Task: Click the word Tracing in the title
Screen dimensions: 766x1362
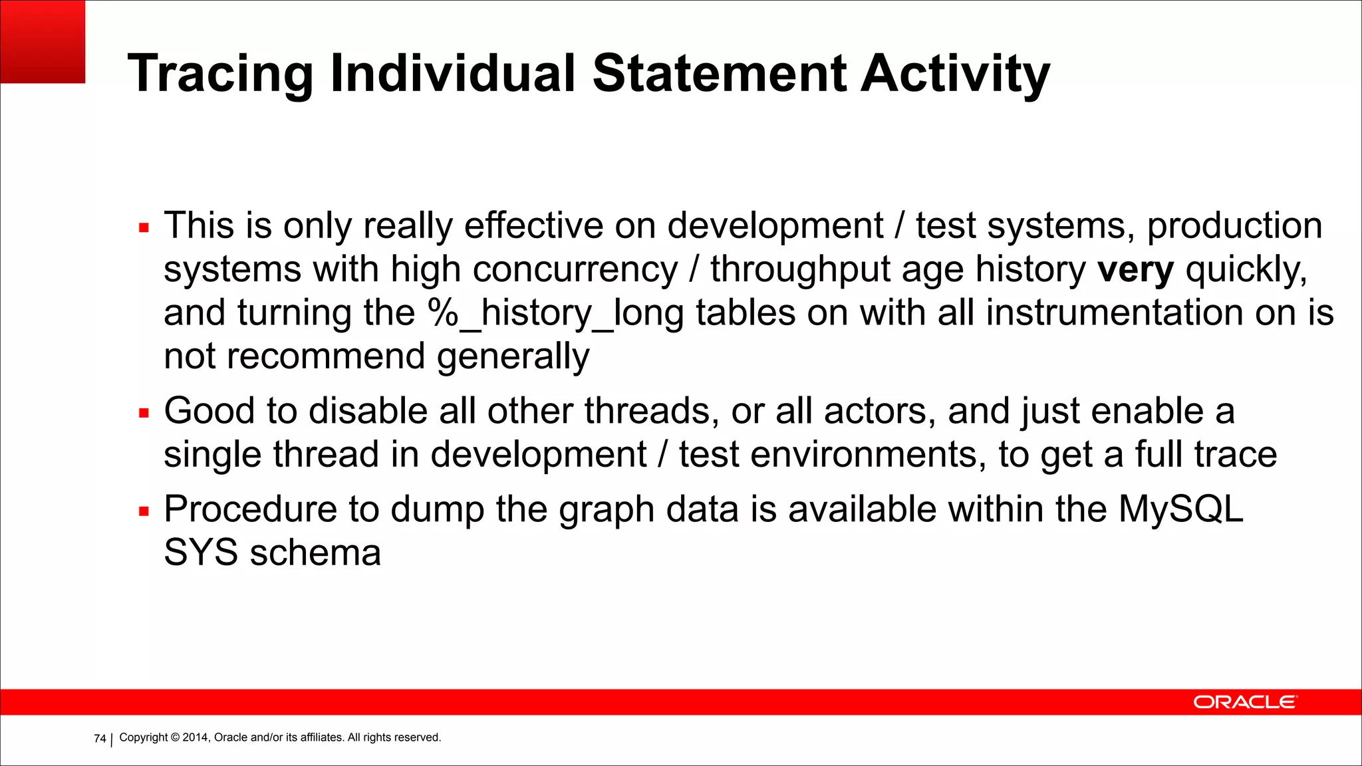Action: tap(220, 74)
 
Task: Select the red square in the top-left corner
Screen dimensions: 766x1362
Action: tap(42, 41)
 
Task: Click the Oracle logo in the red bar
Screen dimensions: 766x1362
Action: tap(1244, 702)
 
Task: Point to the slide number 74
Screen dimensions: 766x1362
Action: tap(100, 739)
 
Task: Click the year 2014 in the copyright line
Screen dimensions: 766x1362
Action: tap(196, 737)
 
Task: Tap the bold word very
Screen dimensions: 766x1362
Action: tap(1135, 270)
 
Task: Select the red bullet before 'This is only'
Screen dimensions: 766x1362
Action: tap(144, 228)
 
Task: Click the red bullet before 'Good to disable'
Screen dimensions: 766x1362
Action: tap(144, 413)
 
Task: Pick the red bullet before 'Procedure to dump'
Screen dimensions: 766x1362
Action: tap(144, 511)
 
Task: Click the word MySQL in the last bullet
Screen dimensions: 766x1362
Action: tap(1180, 509)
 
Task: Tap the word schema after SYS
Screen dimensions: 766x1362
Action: tap(315, 553)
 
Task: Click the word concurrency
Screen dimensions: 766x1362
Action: tap(575, 270)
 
